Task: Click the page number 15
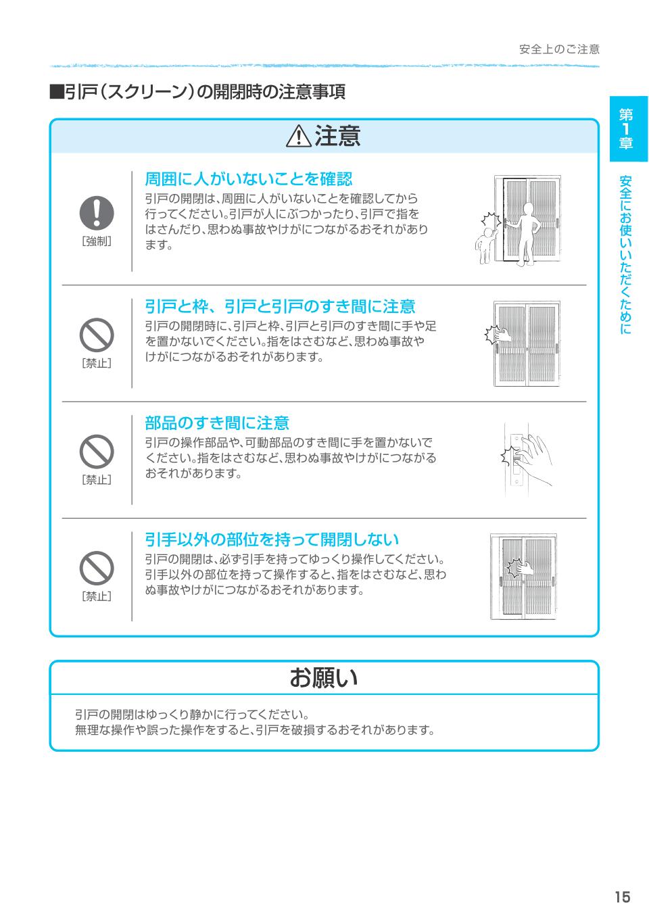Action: [x=622, y=897]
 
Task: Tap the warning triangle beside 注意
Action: [x=298, y=137]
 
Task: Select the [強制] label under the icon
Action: [x=97, y=241]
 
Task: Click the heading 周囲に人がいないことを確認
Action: [x=248, y=179]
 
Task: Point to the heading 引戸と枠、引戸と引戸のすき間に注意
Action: [x=280, y=307]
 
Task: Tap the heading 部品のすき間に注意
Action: [x=217, y=423]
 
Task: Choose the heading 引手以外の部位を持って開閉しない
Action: [x=272, y=539]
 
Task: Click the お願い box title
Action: [x=324, y=677]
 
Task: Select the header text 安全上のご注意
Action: [x=559, y=49]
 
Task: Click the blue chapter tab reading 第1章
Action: [x=628, y=128]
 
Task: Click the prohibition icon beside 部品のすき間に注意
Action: [x=97, y=451]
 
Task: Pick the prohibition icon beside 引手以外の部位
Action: [x=97, y=567]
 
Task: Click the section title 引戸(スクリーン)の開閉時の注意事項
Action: [x=197, y=92]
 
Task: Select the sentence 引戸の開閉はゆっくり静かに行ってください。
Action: [x=192, y=715]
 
